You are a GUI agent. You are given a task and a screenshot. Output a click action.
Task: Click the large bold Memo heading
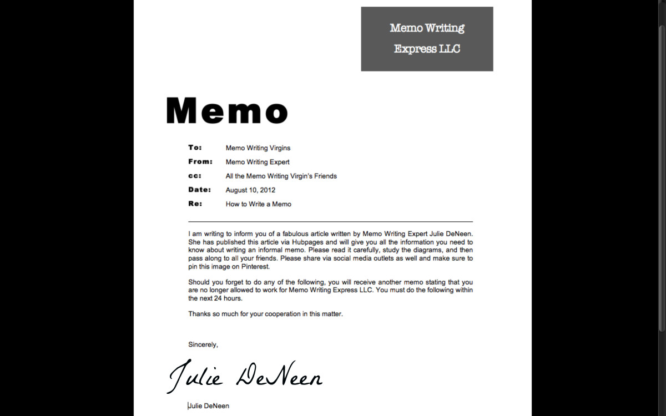click(x=226, y=110)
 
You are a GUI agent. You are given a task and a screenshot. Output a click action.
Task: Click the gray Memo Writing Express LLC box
click(x=427, y=39)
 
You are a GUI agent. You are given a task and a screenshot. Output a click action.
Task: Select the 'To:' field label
click(x=195, y=148)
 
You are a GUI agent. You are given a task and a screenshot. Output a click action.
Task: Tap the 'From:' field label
click(x=200, y=162)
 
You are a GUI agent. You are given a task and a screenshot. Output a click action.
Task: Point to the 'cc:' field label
click(x=195, y=176)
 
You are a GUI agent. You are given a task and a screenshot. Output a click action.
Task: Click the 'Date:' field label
click(x=199, y=190)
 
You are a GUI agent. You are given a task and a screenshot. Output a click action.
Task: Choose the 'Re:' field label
click(x=195, y=204)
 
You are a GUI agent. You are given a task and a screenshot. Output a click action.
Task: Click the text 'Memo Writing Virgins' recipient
click(x=258, y=148)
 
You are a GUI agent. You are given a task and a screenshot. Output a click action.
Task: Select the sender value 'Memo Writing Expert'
click(x=257, y=162)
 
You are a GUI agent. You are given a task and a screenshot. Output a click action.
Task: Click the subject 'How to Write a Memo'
click(x=258, y=204)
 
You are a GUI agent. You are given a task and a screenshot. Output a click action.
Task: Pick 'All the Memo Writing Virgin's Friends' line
click(x=281, y=176)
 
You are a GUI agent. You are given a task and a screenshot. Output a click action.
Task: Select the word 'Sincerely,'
click(x=203, y=344)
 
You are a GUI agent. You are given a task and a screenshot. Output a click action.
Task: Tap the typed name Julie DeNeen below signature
click(x=209, y=406)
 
